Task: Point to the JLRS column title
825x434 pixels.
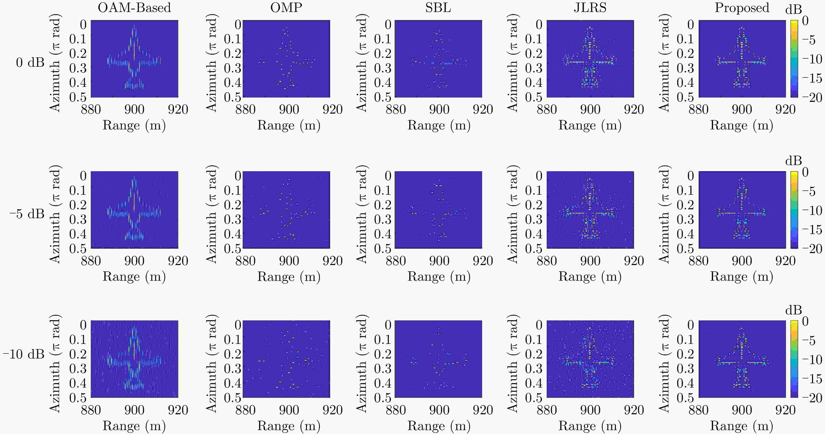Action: point(590,8)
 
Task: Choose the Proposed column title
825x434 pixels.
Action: point(742,8)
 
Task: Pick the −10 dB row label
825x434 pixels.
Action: point(23,354)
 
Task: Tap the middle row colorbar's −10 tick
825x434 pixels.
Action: point(812,211)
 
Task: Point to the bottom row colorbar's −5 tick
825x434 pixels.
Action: point(812,341)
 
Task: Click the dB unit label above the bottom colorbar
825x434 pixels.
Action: point(793,310)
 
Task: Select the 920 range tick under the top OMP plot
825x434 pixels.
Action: point(332,110)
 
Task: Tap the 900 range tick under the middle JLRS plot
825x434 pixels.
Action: point(590,261)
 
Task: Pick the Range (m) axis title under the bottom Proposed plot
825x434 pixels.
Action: point(742,426)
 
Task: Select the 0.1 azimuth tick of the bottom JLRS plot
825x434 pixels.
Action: point(533,339)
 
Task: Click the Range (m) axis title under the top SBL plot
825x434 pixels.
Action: point(439,125)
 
